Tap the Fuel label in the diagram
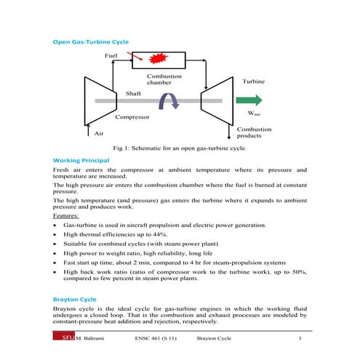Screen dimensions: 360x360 pos(111,55)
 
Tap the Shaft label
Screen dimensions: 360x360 pos(133,94)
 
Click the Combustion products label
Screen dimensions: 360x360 pos(254,132)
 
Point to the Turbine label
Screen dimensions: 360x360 pos(254,81)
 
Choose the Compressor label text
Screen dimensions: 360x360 pos(133,116)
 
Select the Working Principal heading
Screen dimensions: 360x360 pos(81,159)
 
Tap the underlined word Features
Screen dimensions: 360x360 pos(68,216)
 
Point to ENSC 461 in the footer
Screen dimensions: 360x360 pos(151,338)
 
